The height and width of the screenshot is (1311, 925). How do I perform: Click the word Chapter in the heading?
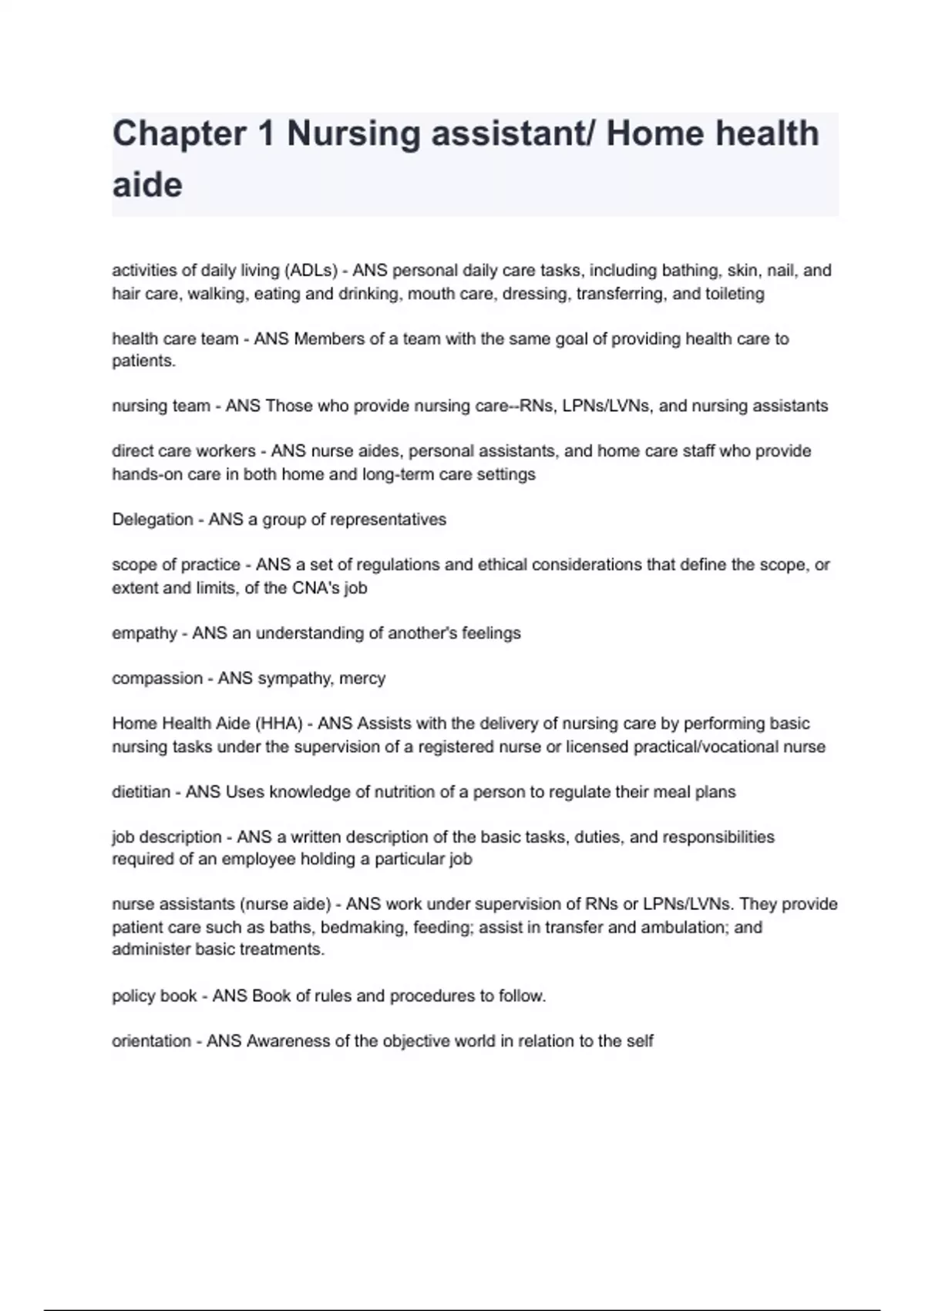pyautogui.click(x=180, y=133)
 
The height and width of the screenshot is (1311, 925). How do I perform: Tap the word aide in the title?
pyautogui.click(x=147, y=185)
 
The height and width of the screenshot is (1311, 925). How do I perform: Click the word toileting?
pyautogui.click(x=735, y=294)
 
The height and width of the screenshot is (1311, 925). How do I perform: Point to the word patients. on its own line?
pyautogui.click(x=144, y=361)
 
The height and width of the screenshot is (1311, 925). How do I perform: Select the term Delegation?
pyautogui.click(x=153, y=520)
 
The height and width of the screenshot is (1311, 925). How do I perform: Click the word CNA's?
pyautogui.click(x=317, y=588)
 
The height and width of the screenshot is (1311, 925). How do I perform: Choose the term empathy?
pyautogui.click(x=144, y=633)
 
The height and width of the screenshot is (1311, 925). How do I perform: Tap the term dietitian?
pyautogui.click(x=141, y=792)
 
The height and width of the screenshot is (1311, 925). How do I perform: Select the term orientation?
pyautogui.click(x=151, y=1041)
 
